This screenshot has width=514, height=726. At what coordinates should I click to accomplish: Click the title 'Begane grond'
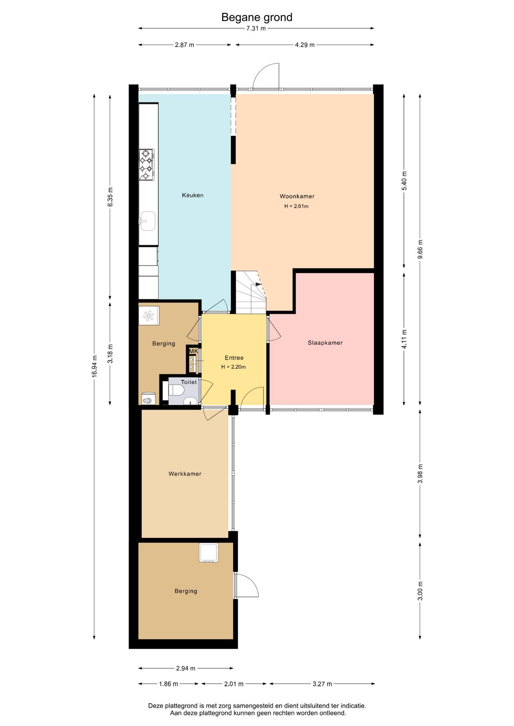pyautogui.click(x=257, y=17)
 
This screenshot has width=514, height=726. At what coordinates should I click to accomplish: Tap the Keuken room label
pyautogui.click(x=193, y=195)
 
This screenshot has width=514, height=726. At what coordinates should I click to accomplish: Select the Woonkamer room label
pyautogui.click(x=297, y=196)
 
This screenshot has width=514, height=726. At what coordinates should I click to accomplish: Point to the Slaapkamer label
pyautogui.click(x=325, y=343)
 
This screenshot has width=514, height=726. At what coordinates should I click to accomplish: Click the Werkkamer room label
pyautogui.click(x=185, y=474)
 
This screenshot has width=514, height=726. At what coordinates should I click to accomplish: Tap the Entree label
pyautogui.click(x=234, y=358)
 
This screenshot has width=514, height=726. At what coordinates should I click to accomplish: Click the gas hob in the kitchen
pyautogui.click(x=146, y=164)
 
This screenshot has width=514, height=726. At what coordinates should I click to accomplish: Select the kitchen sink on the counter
pyautogui.click(x=147, y=221)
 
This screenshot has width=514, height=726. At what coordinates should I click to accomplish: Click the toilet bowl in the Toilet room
pyautogui.click(x=176, y=390)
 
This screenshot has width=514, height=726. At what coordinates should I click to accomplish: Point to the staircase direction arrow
pyautogui.click(x=259, y=284)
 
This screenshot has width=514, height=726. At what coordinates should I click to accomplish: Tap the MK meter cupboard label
pyautogui.click(x=193, y=351)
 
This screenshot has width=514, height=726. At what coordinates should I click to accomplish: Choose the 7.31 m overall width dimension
pyautogui.click(x=256, y=28)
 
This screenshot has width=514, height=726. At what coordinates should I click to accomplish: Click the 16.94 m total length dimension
pyautogui.click(x=95, y=366)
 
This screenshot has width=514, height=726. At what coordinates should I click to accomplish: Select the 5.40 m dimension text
pyautogui.click(x=404, y=181)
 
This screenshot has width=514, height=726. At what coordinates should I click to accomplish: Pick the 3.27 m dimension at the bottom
pyautogui.click(x=322, y=684)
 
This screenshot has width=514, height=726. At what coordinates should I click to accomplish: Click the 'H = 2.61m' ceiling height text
pyautogui.click(x=296, y=206)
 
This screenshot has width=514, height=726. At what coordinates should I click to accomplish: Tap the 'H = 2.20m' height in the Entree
pyautogui.click(x=234, y=367)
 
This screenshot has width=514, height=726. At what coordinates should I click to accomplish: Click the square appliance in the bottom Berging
pyautogui.click(x=209, y=553)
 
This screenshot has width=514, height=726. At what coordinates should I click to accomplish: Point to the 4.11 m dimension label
pyautogui.click(x=404, y=339)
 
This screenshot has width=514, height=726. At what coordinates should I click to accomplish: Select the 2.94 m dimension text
pyautogui.click(x=185, y=668)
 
